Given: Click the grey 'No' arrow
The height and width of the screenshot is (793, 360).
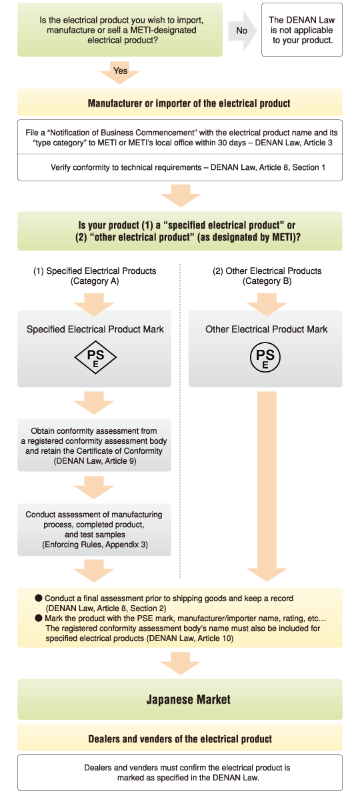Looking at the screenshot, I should pos(242,31).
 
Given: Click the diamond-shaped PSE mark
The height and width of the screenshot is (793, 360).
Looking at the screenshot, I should pos(95,359).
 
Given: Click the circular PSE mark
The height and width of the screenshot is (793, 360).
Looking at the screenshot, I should pos(265,359).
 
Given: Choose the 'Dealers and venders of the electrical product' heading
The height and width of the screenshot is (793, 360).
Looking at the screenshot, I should pos(180,738).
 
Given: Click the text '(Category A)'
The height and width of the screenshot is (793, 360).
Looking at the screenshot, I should pos(95,282).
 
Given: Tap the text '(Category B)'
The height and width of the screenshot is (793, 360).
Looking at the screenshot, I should pos(267,282).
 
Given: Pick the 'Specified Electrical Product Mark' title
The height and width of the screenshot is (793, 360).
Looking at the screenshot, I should pos(95,329).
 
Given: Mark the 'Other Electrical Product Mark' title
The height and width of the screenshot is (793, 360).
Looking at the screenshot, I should pos(267,329).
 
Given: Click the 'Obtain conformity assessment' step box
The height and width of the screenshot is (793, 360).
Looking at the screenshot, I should pos(94,446).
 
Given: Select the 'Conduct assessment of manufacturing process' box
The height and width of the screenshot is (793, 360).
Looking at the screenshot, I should pos(94,529).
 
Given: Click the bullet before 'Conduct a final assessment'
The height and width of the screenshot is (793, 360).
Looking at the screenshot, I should pos(39,598).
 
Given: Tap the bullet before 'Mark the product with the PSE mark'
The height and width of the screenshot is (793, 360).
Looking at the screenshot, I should pos(39,618).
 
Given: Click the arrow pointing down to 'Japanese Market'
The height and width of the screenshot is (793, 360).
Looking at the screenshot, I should pos(180,664).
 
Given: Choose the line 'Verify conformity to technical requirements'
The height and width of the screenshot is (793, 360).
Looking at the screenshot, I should pos(188,167).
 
